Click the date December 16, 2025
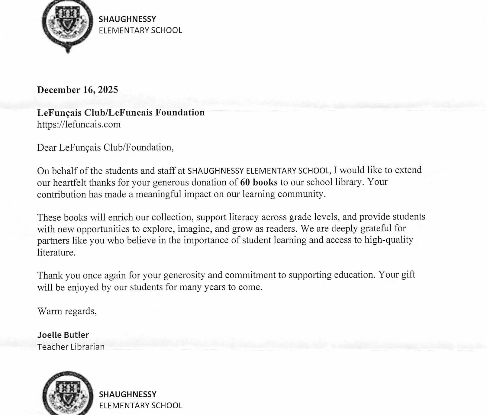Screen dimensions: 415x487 point(77,90)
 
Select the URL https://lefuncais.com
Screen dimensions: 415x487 point(79,124)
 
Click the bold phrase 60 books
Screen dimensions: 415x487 point(259,182)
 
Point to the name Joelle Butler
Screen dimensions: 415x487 point(63,335)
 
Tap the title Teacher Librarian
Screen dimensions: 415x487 point(71,347)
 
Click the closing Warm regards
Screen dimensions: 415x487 point(67,311)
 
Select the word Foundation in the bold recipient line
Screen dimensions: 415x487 point(180,113)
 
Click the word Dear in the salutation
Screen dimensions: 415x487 point(47,147)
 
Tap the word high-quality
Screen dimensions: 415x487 point(389,240)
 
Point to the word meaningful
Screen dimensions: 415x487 point(158,194)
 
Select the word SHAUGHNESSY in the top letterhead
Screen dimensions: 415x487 point(127,19)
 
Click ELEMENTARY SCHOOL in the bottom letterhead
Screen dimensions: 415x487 point(140,405)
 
